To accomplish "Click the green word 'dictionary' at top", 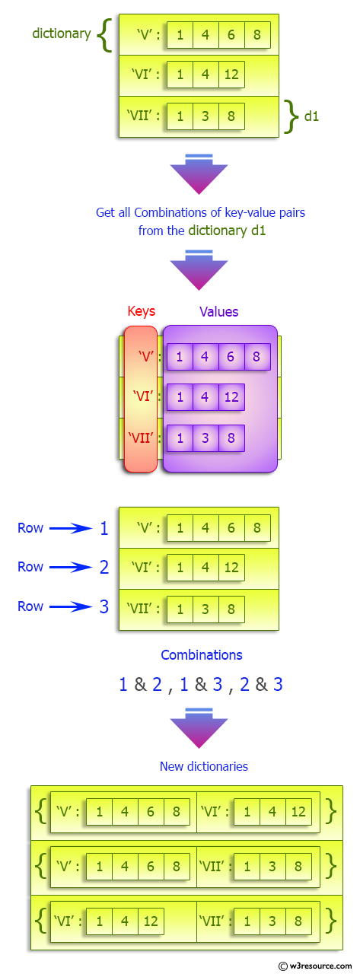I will pyautogui.click(x=61, y=33).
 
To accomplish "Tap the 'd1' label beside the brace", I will pyautogui.click(x=311, y=116).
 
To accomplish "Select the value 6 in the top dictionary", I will pyautogui.click(x=231, y=35).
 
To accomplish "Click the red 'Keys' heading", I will pyautogui.click(x=140, y=311).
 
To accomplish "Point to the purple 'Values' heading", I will pyautogui.click(x=218, y=311).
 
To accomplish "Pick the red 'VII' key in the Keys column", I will pyautogui.click(x=141, y=438).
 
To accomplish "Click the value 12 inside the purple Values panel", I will pyautogui.click(x=231, y=396).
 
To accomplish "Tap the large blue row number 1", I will pyautogui.click(x=104, y=528).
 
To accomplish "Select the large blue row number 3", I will pyautogui.click(x=104, y=606).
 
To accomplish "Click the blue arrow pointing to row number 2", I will pyautogui.click(x=70, y=567).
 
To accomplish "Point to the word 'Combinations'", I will pyautogui.click(x=201, y=654).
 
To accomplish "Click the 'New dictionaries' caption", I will pyautogui.click(x=203, y=766).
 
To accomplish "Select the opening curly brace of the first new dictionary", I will pyautogui.click(x=40, y=812).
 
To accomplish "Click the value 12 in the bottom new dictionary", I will pyautogui.click(x=150, y=921).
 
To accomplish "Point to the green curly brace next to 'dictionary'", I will pyautogui.click(x=104, y=35).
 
